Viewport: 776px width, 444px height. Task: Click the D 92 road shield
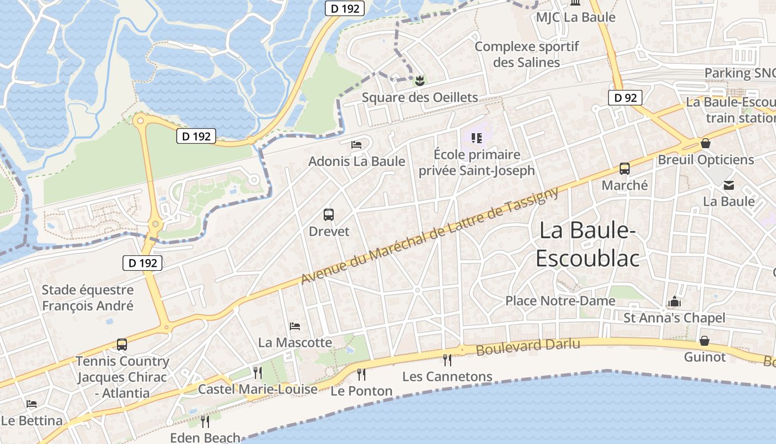coord(625,98)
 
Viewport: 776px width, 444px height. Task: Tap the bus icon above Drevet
coord(329,214)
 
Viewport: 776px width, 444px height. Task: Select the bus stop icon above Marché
coord(625,168)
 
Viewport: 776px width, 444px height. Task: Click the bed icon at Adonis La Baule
coord(356,145)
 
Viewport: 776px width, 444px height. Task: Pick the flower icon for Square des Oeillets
coord(420,81)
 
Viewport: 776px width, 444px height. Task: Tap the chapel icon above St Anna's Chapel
coord(674,301)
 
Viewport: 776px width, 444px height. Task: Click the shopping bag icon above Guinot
coord(704,340)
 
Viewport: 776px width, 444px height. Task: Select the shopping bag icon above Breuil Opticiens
coord(706,143)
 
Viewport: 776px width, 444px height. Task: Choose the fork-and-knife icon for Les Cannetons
coord(447,360)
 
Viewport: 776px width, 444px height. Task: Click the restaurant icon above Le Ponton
coord(361,374)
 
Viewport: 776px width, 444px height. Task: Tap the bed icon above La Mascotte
coord(295,326)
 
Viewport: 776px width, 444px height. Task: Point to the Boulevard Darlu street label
coord(528,347)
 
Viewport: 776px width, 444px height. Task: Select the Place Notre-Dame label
coord(560,301)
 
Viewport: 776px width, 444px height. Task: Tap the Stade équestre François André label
coord(88,297)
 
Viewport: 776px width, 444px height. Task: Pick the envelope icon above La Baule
coord(728,185)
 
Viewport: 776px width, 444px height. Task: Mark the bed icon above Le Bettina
coord(32,404)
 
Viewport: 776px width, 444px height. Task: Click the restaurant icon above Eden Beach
coord(205,421)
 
